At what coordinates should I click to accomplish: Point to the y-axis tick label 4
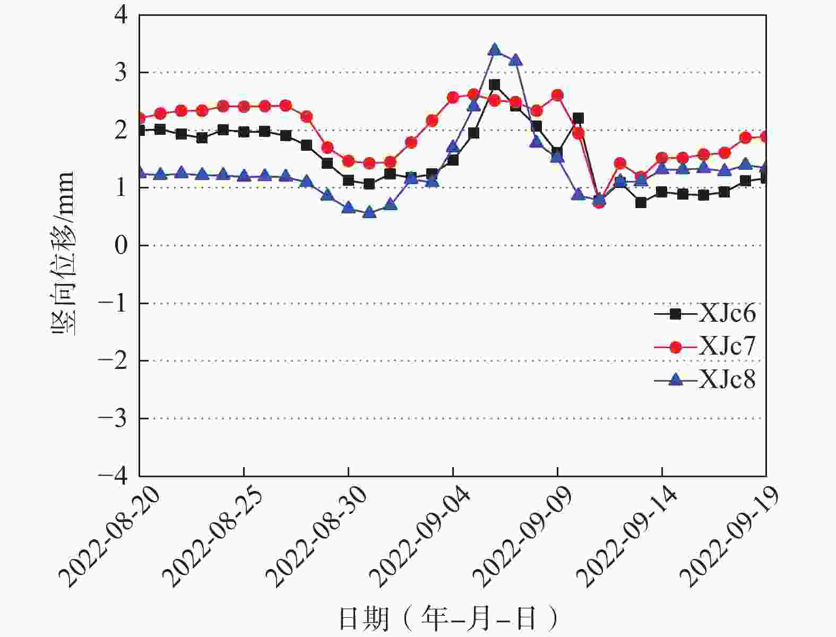[121, 14]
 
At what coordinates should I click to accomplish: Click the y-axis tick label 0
[121, 245]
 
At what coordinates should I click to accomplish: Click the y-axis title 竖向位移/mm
[62, 254]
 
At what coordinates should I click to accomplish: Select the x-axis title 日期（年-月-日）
[449, 619]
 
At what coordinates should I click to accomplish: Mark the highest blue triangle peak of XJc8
[495, 50]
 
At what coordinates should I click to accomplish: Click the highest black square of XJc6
[495, 85]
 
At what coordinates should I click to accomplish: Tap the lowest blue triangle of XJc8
[369, 213]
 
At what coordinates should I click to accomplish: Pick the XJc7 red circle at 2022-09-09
[557, 96]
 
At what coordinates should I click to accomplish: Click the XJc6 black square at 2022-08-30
[348, 180]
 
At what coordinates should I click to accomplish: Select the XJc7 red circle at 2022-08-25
[244, 107]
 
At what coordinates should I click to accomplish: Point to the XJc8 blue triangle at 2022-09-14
[662, 169]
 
